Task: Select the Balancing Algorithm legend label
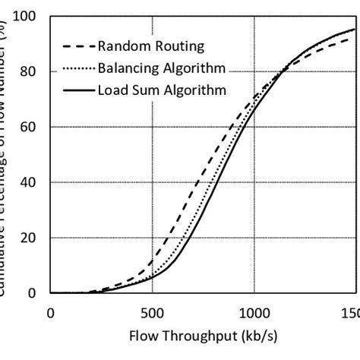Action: coord(162,69)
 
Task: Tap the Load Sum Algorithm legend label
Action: coord(162,91)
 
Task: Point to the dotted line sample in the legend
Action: coord(78,69)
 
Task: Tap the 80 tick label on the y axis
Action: coord(30,71)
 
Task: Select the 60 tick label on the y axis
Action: coord(30,127)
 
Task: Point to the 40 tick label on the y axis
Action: coord(30,182)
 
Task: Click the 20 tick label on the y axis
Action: coord(30,238)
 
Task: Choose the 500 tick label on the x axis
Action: coord(152,312)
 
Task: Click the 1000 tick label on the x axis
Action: coord(254,312)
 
